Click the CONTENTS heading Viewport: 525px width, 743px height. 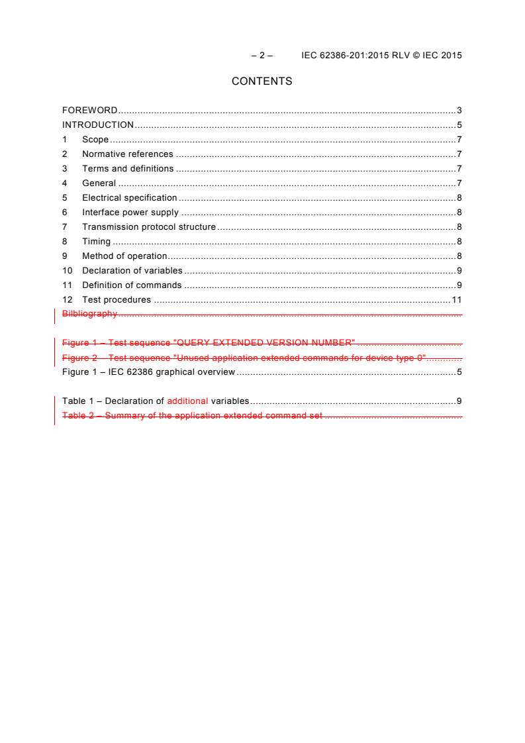coord(262,81)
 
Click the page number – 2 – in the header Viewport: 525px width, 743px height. coord(262,56)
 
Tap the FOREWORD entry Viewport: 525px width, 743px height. coord(90,111)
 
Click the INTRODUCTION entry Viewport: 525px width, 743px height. coord(98,125)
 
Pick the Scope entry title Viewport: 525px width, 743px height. coord(95,140)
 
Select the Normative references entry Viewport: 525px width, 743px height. coord(127,154)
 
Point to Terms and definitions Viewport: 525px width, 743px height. coord(128,169)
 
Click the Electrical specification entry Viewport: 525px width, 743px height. coord(129,198)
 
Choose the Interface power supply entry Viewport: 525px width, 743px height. coord(130,213)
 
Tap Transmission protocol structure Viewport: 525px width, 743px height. coord(148,227)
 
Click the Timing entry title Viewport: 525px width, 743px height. coord(96,242)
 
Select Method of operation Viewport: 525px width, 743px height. coord(124,256)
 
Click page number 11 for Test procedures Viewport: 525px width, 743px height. coord(456,300)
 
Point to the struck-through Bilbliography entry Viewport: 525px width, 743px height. coord(89,314)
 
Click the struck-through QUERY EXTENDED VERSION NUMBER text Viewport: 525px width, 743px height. coord(265,343)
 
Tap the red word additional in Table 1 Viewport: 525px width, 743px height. coord(187,401)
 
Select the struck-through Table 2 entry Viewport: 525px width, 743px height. coord(192,416)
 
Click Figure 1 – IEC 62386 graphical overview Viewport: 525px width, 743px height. coord(148,372)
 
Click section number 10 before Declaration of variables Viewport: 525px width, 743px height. coord(67,271)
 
